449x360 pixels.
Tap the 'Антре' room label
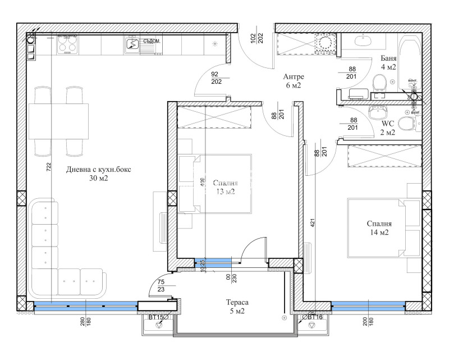[294, 77]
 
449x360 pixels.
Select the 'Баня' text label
[388, 58]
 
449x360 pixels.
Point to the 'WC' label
[388, 124]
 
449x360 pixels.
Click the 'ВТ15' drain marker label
[155, 318]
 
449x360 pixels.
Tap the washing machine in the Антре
[324, 43]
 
